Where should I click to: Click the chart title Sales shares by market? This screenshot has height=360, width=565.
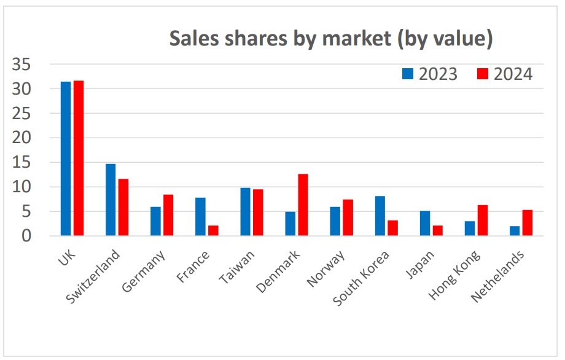[x=331, y=39]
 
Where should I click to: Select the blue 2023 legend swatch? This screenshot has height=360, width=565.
[x=408, y=74]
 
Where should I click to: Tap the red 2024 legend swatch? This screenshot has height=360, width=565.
[x=483, y=74]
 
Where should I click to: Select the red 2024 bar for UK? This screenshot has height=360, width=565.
[x=79, y=158]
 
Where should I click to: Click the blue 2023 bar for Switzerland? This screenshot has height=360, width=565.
[x=111, y=200]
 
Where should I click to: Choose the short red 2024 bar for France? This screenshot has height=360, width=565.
[x=213, y=230]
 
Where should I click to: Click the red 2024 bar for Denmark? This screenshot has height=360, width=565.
[x=303, y=205]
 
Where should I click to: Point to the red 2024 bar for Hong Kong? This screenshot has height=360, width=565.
[x=483, y=220]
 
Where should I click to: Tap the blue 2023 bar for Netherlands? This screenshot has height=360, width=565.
[x=515, y=231]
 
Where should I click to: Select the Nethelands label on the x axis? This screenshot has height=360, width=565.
[x=497, y=276]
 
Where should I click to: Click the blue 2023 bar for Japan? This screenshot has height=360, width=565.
[x=425, y=223]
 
